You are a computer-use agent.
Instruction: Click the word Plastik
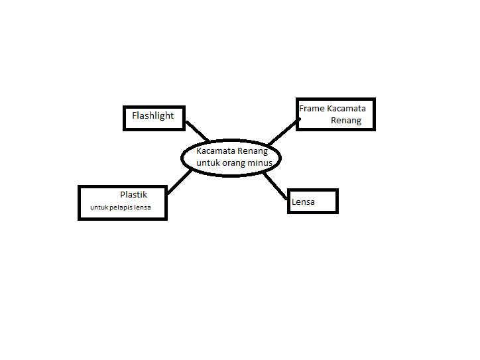click(x=133, y=195)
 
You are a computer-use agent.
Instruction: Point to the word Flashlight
click(x=152, y=115)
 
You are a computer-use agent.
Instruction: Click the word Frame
click(x=312, y=108)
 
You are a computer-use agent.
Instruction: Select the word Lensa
click(x=303, y=202)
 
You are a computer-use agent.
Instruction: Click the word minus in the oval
click(x=259, y=162)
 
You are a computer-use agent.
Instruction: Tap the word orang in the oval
click(x=233, y=162)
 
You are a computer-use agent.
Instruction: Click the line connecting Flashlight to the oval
click(x=197, y=131)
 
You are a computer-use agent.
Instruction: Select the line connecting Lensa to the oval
click(x=276, y=186)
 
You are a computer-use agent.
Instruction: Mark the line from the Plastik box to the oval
click(x=180, y=182)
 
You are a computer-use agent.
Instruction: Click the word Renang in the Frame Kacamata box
click(x=346, y=121)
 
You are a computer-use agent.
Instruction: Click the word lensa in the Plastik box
click(x=142, y=208)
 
